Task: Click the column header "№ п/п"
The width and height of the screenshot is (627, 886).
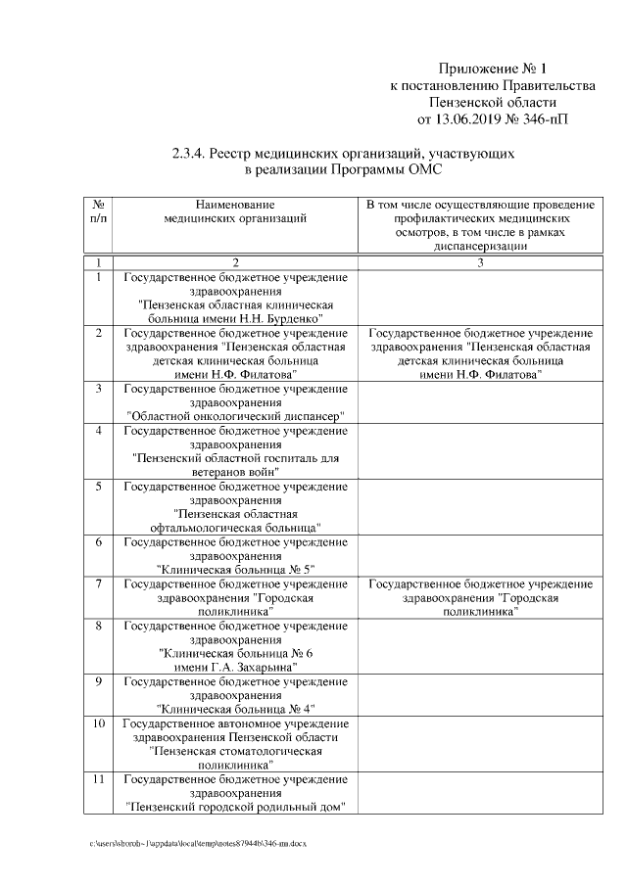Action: pyautogui.click(x=99, y=211)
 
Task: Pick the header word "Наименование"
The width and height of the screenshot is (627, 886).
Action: pyautogui.click(x=236, y=204)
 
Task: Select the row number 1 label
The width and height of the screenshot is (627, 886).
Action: pyautogui.click(x=99, y=277)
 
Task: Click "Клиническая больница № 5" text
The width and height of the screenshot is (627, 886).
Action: pyautogui.click(x=236, y=568)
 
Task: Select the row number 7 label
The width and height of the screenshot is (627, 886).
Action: pyautogui.click(x=99, y=583)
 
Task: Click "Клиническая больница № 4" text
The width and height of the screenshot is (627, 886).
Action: pyautogui.click(x=236, y=708)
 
